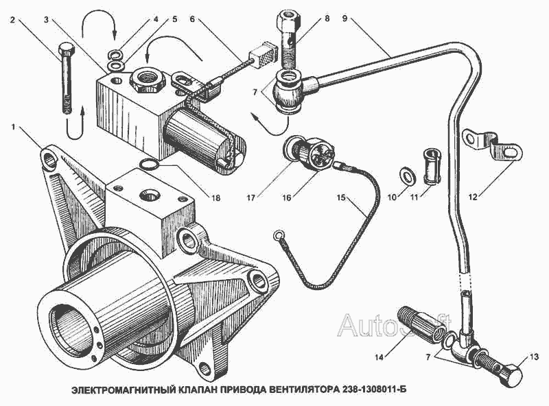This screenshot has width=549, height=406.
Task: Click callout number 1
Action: [13, 127]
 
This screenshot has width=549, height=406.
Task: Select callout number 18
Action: [215, 198]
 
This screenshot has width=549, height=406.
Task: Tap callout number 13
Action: [534, 357]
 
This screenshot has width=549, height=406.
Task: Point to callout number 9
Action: [345, 19]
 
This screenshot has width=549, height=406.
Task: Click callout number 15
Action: [341, 198]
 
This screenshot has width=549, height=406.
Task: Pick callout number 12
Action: [473, 198]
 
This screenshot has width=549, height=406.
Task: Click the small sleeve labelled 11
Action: [432, 166]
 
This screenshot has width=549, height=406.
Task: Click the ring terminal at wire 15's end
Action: [279, 235]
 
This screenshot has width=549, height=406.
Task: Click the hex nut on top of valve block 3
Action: [147, 81]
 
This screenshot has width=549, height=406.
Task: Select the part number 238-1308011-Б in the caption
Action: [373, 390]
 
